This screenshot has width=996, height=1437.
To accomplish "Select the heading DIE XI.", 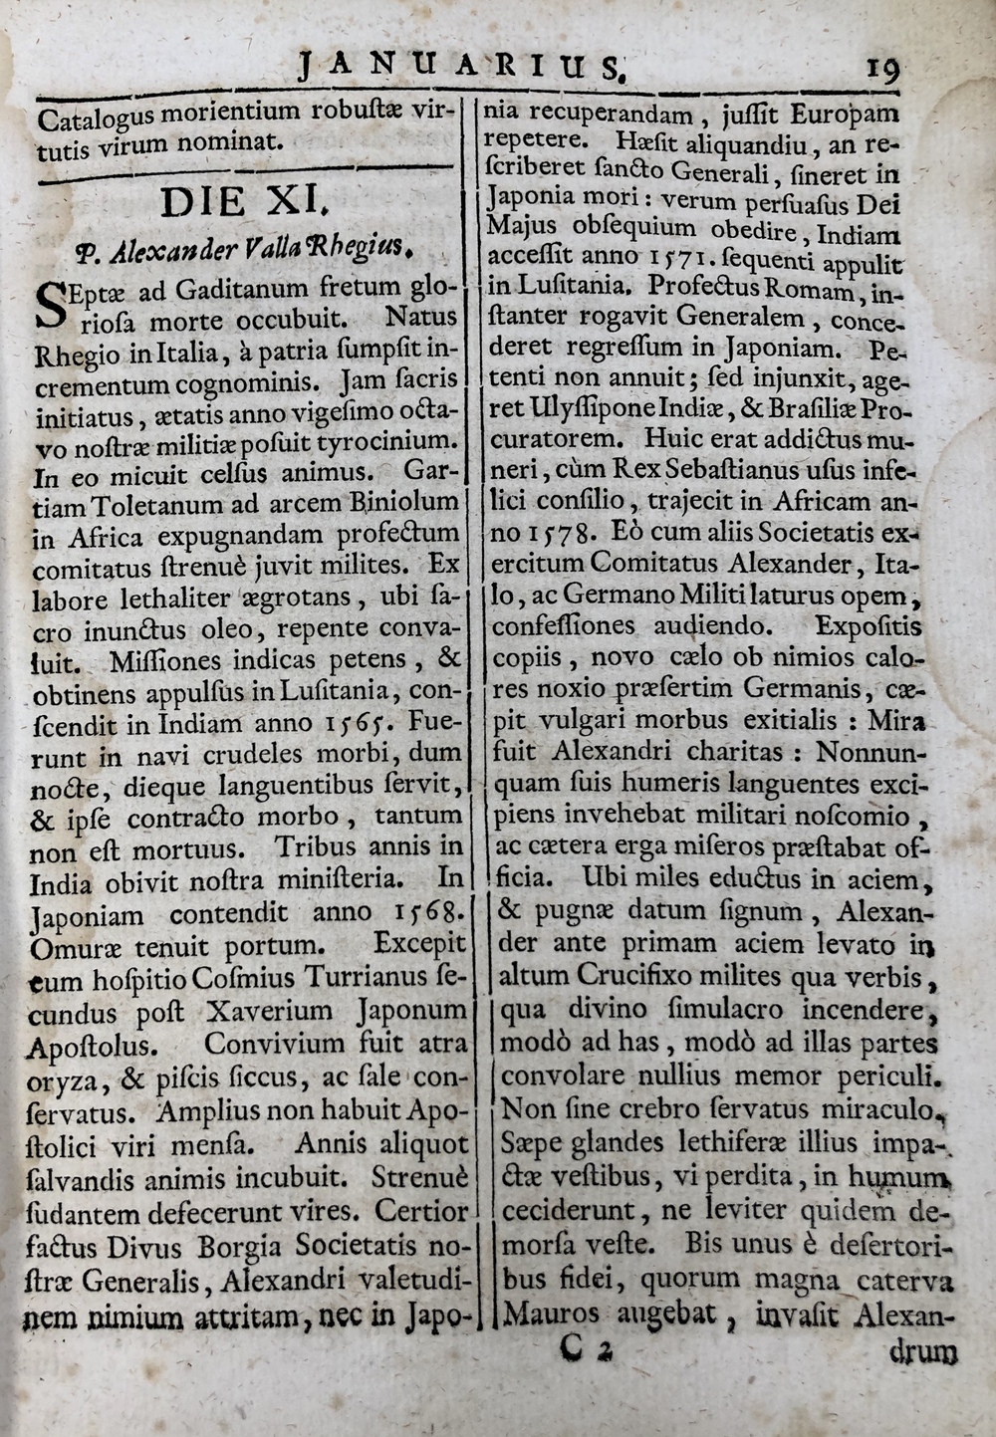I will click(244, 202).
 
